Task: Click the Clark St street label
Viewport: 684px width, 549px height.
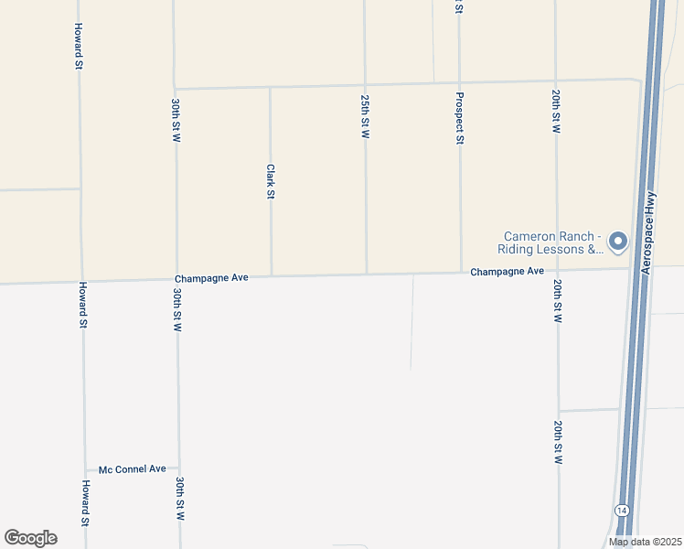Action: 271,181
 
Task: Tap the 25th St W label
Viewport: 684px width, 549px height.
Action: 365,116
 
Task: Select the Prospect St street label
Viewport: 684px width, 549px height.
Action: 460,119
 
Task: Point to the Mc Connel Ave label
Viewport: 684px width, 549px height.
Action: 134,468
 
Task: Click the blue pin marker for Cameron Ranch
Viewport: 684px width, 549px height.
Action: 618,242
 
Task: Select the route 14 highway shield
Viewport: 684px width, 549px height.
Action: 622,509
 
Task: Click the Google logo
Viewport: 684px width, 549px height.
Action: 30,538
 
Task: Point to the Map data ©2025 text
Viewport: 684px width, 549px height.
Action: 645,542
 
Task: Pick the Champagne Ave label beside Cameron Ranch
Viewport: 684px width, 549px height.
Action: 508,272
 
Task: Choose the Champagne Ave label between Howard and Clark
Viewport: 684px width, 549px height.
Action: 211,277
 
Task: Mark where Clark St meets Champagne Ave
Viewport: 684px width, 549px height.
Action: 271,275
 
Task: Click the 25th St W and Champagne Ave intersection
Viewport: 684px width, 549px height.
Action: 367,274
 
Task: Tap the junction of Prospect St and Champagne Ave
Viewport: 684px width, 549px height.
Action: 461,272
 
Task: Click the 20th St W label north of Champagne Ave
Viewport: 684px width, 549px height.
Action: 555,112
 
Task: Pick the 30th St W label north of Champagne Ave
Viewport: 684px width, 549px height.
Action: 175,119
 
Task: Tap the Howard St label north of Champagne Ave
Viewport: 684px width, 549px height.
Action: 80,47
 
